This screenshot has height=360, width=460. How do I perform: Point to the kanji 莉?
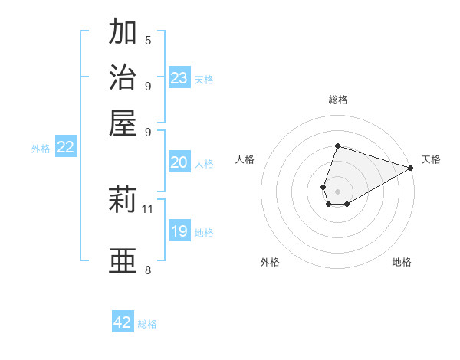123,201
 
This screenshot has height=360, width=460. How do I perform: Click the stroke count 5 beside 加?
148,41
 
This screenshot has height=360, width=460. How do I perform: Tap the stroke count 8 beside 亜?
148,270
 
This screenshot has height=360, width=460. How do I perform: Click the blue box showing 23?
179,77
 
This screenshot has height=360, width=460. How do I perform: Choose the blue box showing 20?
179,162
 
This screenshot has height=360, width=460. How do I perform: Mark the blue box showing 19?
179,231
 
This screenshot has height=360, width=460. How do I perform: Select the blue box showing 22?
66,148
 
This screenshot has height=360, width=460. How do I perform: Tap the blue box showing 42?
123,322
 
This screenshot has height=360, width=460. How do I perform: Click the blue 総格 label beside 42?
147,324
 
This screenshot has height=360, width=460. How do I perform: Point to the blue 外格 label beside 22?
40,149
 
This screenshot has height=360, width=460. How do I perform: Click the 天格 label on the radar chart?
431,159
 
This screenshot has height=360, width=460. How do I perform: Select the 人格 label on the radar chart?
245,159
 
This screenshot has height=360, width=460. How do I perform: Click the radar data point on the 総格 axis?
337,146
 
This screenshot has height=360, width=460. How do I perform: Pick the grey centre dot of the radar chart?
337,190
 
